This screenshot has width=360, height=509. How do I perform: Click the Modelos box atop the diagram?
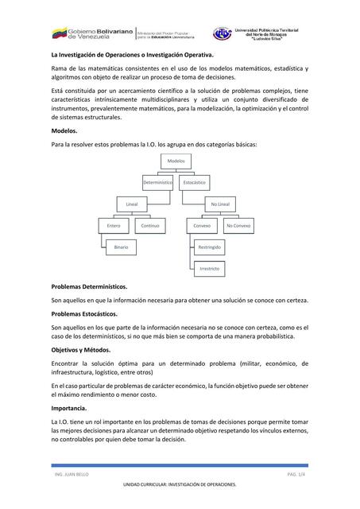tap(176, 161)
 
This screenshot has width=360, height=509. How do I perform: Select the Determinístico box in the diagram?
tap(158, 183)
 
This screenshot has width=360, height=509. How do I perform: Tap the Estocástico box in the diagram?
tap(195, 183)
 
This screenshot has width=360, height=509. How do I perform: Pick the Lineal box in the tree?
tap(132, 204)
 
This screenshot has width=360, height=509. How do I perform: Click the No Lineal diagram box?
tap(220, 204)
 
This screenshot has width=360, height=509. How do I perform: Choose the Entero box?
tap(114, 226)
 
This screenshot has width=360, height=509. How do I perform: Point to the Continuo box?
tap(150, 226)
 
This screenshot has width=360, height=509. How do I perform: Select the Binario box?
tap(121, 247)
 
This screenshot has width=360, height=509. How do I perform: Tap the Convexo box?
tap(203, 226)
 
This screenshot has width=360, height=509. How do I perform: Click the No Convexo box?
tap(239, 226)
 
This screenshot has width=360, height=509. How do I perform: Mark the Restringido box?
tap(210, 247)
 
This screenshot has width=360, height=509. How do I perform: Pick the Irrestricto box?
tap(210, 269)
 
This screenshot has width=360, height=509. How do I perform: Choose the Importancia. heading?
tap(69, 408)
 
